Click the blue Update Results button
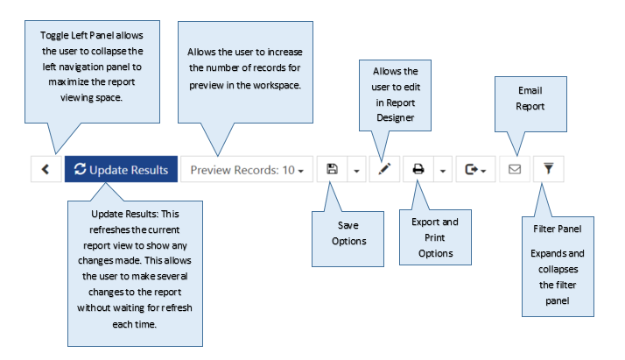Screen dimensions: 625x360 pyautogui.click(x=121, y=169)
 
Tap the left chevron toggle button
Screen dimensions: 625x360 pyautogui.click(x=46, y=169)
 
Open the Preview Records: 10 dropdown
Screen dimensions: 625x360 pyautogui.click(x=247, y=169)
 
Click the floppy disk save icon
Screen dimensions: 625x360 pyautogui.click(x=332, y=169)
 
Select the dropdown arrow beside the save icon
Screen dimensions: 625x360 pyautogui.click(x=357, y=171)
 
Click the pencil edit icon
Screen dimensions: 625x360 pyautogui.click(x=384, y=169)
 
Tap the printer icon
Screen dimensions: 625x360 pyautogui.click(x=418, y=169)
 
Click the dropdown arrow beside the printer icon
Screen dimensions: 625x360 pyautogui.click(x=443, y=171)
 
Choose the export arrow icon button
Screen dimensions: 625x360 pyautogui.click(x=475, y=169)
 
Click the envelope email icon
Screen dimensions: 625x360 pyautogui.click(x=515, y=169)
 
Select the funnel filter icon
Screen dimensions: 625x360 pyautogui.click(x=549, y=169)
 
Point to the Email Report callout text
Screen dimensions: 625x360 pyautogui.click(x=530, y=98)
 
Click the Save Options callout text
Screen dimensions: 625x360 pyautogui.click(x=348, y=233)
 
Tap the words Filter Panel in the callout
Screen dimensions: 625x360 pyautogui.click(x=558, y=229)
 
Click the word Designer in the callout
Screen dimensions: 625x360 pyautogui.click(x=396, y=117)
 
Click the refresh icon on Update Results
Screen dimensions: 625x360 pyautogui.click(x=81, y=169)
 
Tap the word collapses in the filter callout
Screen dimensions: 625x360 pyautogui.click(x=558, y=270)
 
